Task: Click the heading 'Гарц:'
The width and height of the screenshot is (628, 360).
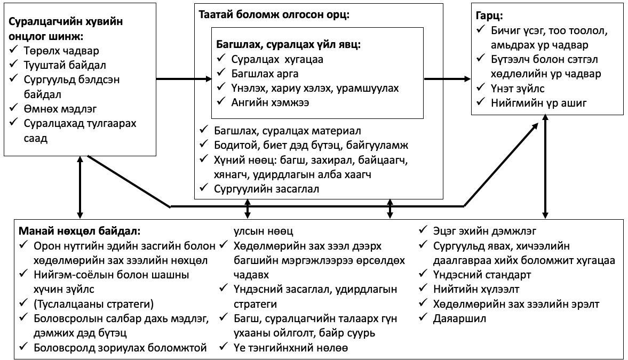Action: click(x=489, y=15)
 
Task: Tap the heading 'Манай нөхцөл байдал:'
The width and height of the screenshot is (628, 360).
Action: click(x=80, y=231)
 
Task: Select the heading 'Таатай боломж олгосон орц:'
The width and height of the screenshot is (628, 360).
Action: click(x=274, y=14)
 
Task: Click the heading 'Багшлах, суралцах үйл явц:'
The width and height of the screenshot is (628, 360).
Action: click(x=289, y=44)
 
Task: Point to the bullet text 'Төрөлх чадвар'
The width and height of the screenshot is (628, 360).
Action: click(x=61, y=51)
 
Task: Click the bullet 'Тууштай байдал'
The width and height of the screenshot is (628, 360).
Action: click(x=65, y=66)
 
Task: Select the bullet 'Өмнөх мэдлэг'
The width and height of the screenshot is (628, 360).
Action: click(x=60, y=109)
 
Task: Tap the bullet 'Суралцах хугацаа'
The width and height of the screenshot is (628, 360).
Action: click(x=277, y=59)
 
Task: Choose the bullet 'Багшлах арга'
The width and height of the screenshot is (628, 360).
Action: click(x=265, y=74)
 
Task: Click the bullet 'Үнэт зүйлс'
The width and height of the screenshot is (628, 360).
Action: click(x=518, y=88)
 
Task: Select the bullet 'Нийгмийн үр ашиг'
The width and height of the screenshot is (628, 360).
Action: click(x=539, y=103)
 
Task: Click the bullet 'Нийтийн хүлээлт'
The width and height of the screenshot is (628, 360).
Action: click(x=478, y=289)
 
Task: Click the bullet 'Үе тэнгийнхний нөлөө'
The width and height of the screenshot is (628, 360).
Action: click(x=290, y=348)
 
